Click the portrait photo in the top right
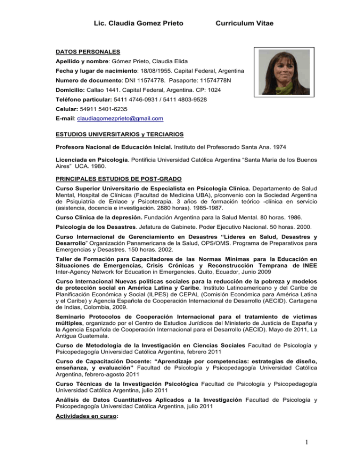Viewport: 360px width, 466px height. [x=283, y=72]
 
